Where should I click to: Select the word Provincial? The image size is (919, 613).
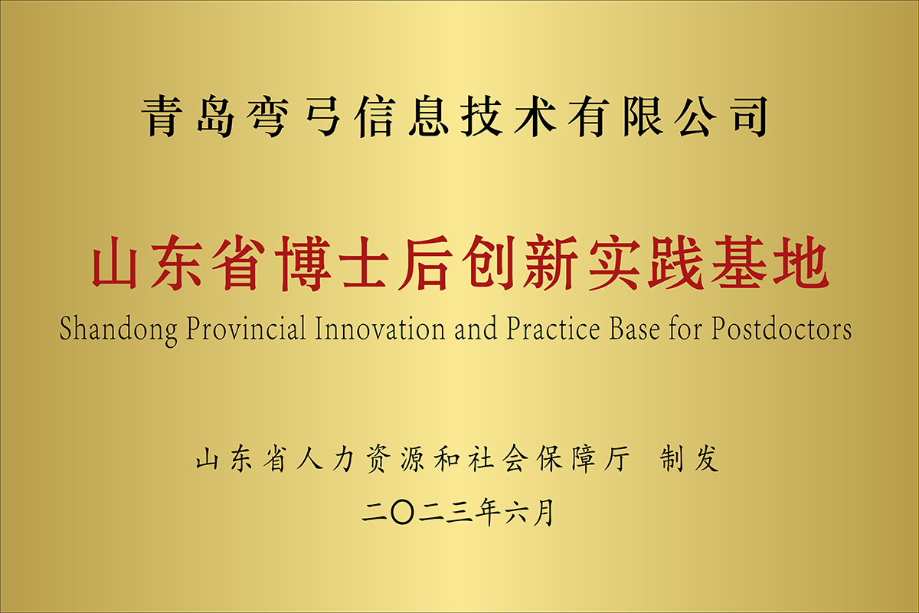pos(246,329)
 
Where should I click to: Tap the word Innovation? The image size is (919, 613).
pos(380,329)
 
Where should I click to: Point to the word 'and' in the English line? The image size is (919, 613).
pos(476,329)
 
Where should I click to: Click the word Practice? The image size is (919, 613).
pos(553,329)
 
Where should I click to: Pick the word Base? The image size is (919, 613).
pos(634,329)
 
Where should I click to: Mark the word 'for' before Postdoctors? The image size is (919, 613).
pos(685,328)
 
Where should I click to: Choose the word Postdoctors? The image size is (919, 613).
pos(782,329)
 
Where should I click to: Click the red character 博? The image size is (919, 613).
pos(303,263)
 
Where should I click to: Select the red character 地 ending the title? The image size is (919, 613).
pos(801,263)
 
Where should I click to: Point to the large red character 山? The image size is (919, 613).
pos(114,263)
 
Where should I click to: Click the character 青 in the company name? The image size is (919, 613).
pos(162,116)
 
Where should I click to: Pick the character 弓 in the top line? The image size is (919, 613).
pos(323,116)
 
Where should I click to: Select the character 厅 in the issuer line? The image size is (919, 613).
pos(617,459)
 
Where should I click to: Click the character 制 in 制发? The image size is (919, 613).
pos(672,459)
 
